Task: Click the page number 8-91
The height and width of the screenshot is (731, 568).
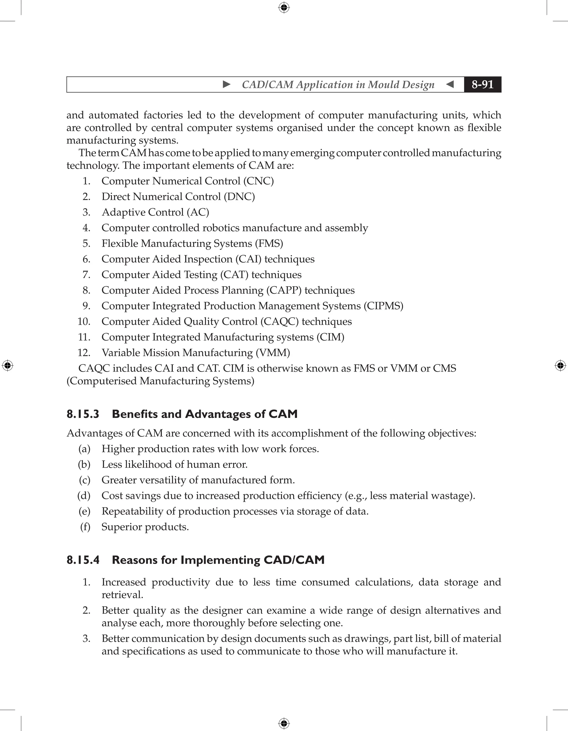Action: (x=482, y=84)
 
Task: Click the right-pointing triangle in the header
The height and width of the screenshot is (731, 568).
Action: (x=227, y=84)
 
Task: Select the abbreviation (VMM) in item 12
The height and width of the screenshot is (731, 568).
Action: (x=273, y=353)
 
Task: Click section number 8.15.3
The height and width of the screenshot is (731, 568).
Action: (x=83, y=414)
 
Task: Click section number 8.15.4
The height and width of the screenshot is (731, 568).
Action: (x=83, y=560)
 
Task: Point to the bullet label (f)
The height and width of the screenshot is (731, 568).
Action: (x=85, y=527)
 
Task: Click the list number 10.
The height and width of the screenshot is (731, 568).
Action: (x=84, y=322)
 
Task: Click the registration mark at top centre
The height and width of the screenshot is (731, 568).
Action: (x=284, y=7)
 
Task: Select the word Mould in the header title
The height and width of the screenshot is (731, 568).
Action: (x=383, y=85)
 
